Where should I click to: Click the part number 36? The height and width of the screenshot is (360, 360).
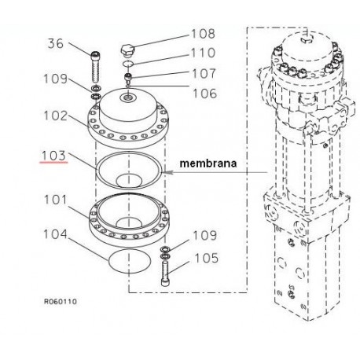click(56, 43)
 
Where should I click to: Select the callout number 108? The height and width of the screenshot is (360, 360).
click(203, 34)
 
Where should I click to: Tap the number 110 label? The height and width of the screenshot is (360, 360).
click(203, 53)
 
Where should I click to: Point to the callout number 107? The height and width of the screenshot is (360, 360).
click(204, 74)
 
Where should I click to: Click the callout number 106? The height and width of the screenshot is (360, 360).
click(204, 94)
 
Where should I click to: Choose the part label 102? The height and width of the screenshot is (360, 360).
click(55, 116)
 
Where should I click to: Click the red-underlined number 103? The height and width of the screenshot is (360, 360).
click(53, 156)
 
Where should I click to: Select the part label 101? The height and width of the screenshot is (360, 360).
click(56, 200)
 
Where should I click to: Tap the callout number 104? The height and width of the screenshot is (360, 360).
click(55, 234)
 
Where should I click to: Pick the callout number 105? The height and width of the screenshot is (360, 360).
click(206, 258)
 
